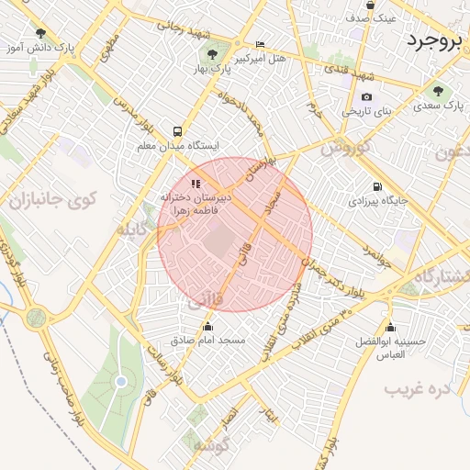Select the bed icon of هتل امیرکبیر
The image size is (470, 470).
(x=260, y=44)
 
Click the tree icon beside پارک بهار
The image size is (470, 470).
(x=213, y=54)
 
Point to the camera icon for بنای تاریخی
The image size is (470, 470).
(x=367, y=97)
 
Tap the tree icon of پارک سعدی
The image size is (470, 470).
(x=438, y=91)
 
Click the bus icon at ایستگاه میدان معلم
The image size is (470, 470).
(x=176, y=131)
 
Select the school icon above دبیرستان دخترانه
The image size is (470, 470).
(x=195, y=184)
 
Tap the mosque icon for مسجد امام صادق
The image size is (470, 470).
(x=207, y=327)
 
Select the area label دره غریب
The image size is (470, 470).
(x=418, y=388)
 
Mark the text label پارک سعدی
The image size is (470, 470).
(x=441, y=106)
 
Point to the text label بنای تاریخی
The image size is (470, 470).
(x=367, y=111)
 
